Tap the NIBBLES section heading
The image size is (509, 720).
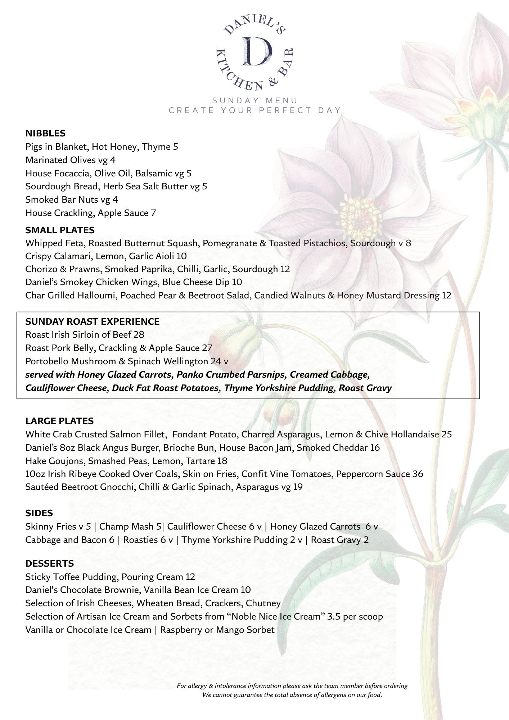(x=45, y=134)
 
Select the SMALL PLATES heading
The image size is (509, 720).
(x=60, y=230)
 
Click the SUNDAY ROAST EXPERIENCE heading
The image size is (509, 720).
(x=93, y=321)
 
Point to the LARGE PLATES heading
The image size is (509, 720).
(x=59, y=421)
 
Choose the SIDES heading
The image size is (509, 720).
(x=39, y=513)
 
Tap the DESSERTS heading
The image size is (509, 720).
(x=50, y=563)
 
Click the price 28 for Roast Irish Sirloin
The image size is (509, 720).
(x=139, y=335)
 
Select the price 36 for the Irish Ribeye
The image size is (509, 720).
(x=418, y=474)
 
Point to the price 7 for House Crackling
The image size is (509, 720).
(x=153, y=213)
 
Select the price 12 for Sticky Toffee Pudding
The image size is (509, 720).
(x=190, y=577)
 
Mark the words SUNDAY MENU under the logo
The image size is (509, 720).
(x=255, y=100)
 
